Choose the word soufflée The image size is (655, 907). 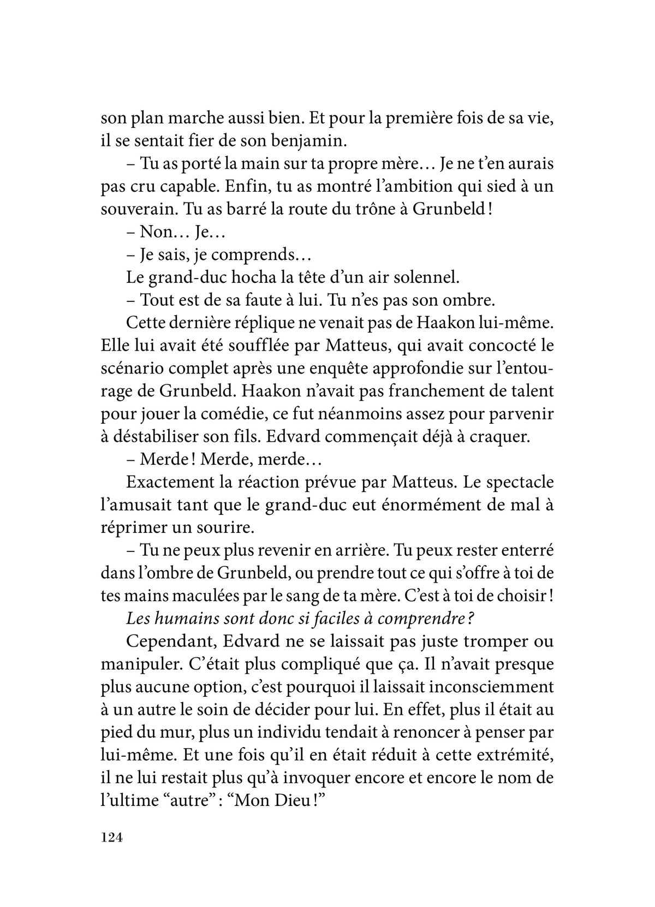pyautogui.click(x=253, y=346)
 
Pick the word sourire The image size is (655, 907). pyautogui.click(x=228, y=528)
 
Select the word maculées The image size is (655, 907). pyautogui.click(x=208, y=596)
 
